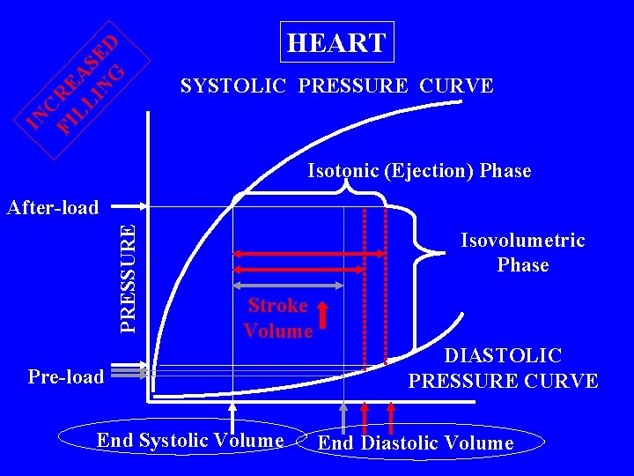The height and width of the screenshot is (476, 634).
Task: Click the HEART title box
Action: (x=336, y=42)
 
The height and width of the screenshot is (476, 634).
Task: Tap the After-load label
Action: (x=52, y=208)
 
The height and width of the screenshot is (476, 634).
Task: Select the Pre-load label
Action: (x=66, y=376)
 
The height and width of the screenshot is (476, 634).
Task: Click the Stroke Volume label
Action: (x=278, y=318)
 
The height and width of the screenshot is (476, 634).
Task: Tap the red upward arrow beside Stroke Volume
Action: (x=323, y=318)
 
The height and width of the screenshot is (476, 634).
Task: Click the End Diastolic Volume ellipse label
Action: (x=415, y=443)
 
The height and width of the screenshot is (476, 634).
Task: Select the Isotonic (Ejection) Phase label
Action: (x=419, y=171)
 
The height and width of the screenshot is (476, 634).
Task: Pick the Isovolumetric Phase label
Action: (x=522, y=253)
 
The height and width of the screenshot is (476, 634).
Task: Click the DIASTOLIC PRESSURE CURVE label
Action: (x=503, y=368)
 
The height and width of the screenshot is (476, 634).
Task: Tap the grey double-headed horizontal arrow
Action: (x=288, y=286)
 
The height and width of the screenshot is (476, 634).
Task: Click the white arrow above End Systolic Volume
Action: (x=233, y=415)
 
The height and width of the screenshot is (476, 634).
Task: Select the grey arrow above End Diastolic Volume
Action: (x=343, y=415)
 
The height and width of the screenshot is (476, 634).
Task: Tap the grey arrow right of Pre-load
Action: (x=129, y=375)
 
